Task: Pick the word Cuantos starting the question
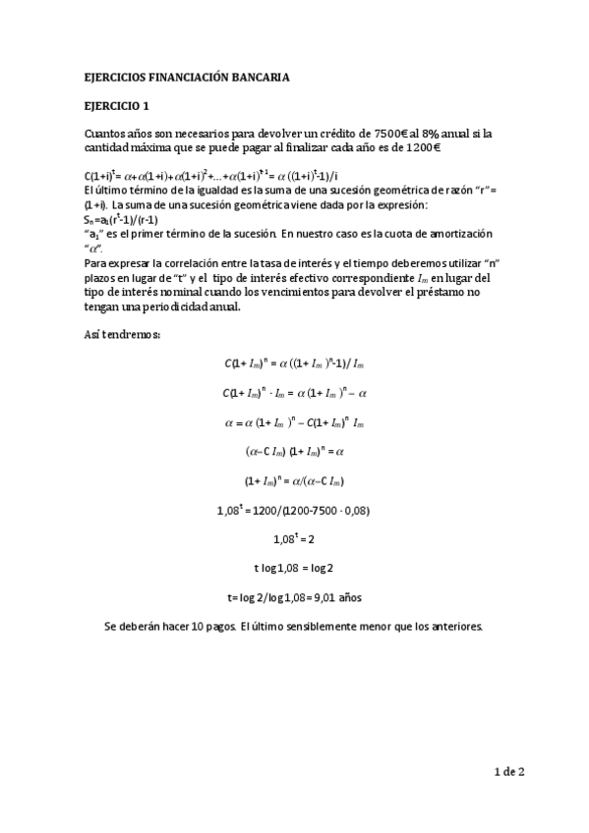(107, 133)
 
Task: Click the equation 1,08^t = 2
(293, 538)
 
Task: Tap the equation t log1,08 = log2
(293, 567)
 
